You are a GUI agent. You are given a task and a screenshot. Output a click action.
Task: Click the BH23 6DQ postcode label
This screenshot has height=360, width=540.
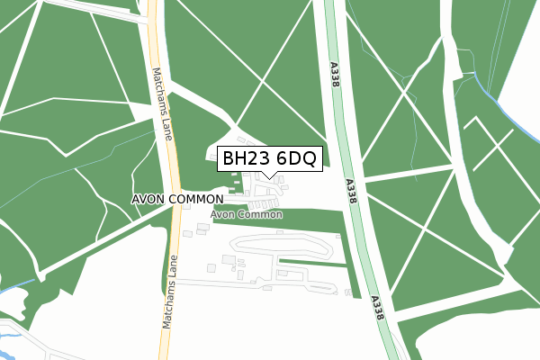[268, 159]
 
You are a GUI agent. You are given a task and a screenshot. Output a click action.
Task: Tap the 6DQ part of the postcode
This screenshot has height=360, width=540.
[294, 159]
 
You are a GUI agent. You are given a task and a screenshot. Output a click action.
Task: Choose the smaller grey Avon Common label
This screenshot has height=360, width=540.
[247, 215]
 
